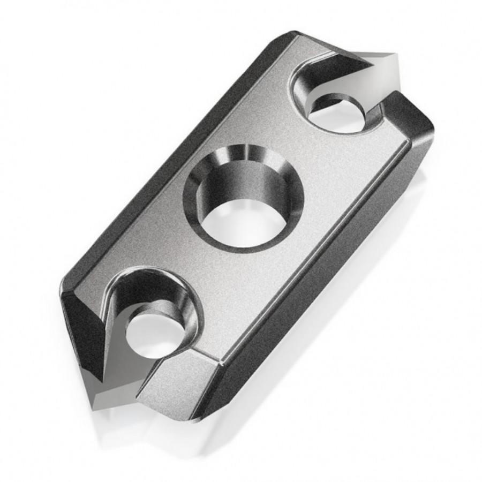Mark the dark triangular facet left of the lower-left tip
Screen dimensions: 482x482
coord(80,332)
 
